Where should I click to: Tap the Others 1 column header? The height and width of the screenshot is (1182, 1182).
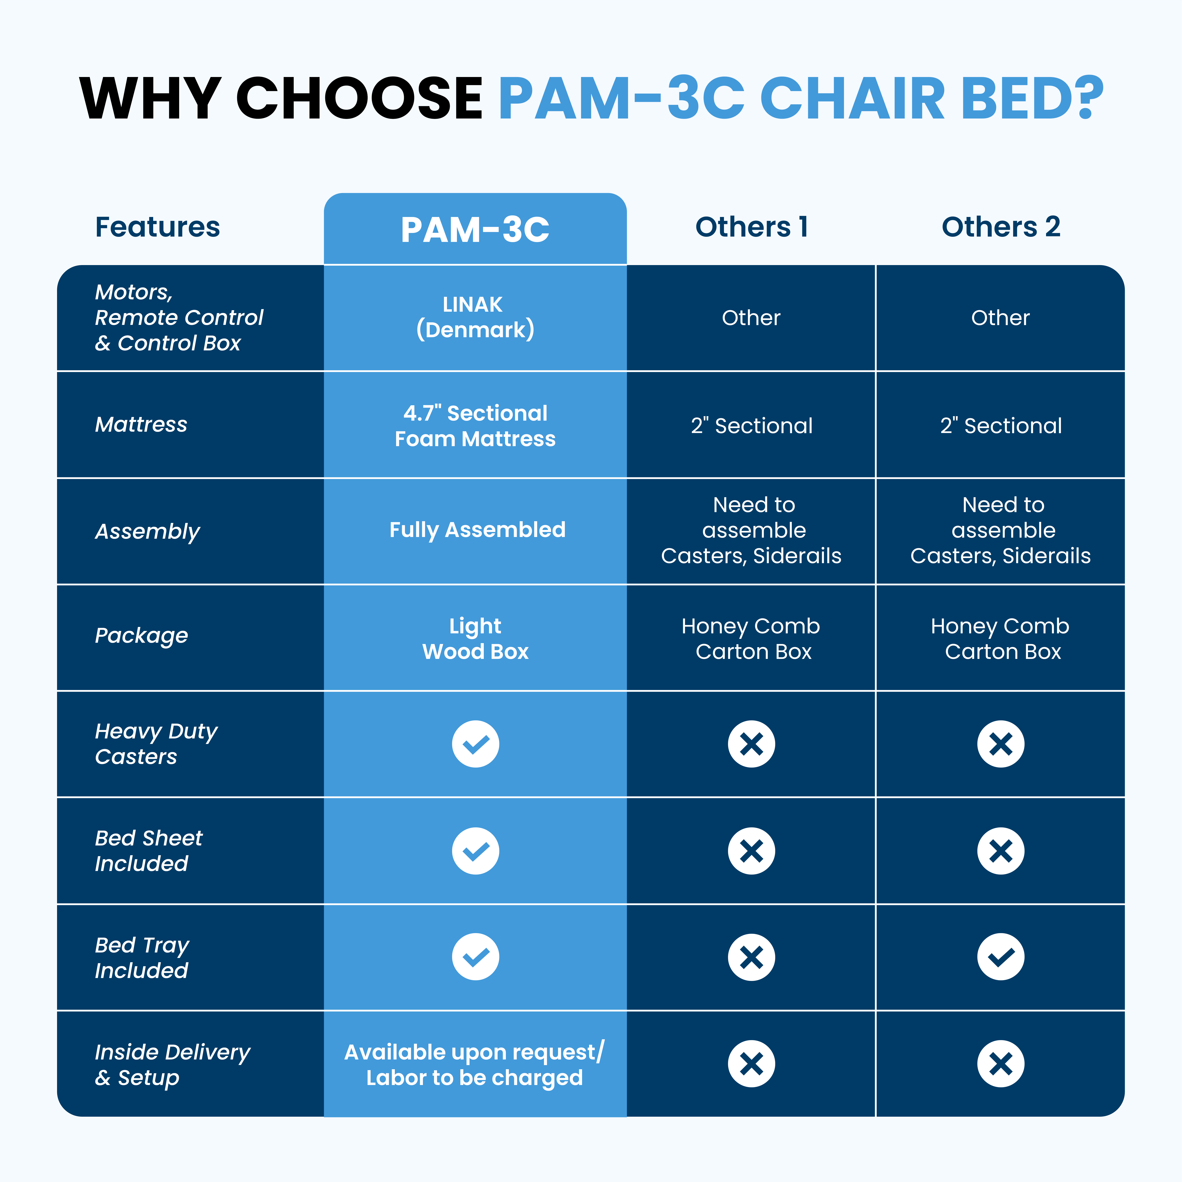(751, 227)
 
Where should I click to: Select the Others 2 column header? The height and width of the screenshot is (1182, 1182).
(1001, 227)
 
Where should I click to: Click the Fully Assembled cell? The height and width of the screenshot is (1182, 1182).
(477, 530)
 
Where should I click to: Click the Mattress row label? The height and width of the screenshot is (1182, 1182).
(141, 425)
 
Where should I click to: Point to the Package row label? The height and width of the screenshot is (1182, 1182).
(141, 636)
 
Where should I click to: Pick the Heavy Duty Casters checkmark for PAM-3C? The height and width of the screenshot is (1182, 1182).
(475, 744)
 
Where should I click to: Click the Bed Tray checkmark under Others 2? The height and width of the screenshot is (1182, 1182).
(1001, 957)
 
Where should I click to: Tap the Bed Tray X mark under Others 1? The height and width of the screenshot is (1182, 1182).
(751, 957)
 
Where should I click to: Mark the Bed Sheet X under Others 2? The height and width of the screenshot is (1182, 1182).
(1001, 851)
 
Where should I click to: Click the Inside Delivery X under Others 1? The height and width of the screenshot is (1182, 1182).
(751, 1064)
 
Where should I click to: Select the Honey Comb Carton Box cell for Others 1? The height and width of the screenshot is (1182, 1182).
(751, 639)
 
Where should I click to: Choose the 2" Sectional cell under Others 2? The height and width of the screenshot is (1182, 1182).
(1001, 426)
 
